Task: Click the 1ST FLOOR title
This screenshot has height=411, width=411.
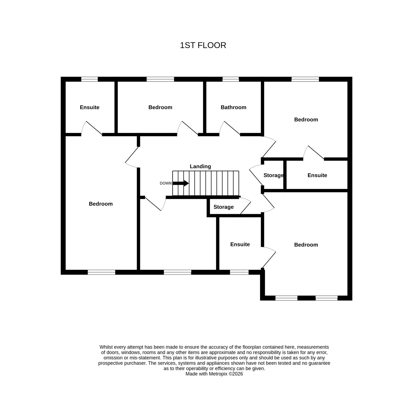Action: [x=203, y=45]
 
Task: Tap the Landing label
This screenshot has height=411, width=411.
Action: [x=200, y=166]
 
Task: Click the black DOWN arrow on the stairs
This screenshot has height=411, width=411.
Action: [x=181, y=183]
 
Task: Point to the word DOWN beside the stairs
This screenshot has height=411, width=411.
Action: [x=166, y=183]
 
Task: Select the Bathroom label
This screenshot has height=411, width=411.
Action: [x=233, y=107]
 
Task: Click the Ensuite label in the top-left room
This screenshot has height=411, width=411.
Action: [x=89, y=107]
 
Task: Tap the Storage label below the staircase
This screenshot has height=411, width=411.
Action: [x=223, y=207]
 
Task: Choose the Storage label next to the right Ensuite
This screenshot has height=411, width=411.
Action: [x=274, y=175]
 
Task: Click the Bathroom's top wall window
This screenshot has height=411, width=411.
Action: [x=230, y=79]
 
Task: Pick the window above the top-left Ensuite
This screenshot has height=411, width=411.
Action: [x=89, y=79]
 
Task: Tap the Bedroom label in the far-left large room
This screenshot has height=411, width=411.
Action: [x=101, y=204]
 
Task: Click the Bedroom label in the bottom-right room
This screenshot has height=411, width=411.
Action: [x=306, y=245]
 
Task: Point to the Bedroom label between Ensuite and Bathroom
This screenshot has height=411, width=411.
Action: [x=160, y=107]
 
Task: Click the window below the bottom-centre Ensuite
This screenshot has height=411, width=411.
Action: [x=239, y=272]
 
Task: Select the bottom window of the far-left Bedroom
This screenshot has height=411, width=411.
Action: [x=101, y=272]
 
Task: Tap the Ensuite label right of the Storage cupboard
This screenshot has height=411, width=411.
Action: [x=317, y=175]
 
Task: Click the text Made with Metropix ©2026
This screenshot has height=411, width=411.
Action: [x=214, y=374]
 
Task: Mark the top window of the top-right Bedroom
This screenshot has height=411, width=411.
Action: [x=305, y=79]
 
